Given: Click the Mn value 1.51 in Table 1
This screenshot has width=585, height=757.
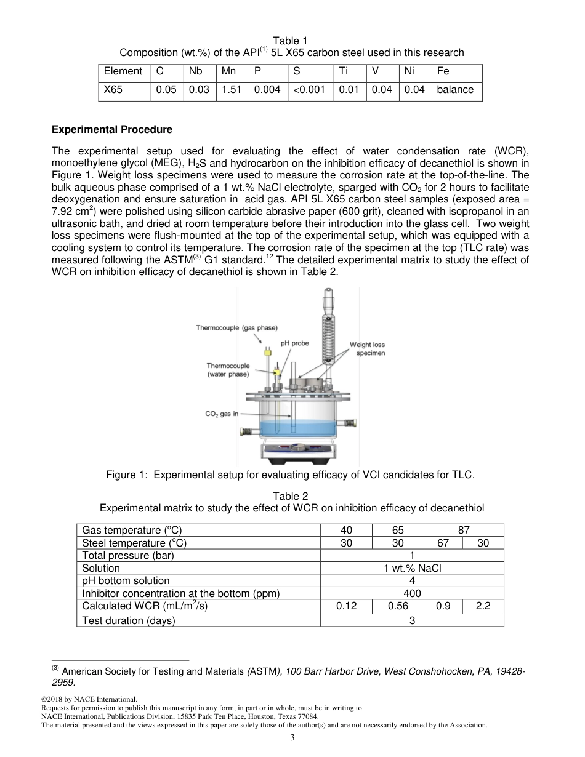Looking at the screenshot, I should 231,90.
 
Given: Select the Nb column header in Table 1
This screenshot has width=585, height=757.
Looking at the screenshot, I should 196,71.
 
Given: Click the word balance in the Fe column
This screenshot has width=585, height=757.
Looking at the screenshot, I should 455,90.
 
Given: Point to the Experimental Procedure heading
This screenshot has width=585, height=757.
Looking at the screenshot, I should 112,130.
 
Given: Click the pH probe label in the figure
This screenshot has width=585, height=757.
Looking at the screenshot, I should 294,343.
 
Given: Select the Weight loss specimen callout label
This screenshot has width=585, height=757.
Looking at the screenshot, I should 368,349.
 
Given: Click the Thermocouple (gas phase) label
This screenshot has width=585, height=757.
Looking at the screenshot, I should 236,328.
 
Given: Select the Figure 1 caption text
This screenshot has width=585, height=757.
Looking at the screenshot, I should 290,475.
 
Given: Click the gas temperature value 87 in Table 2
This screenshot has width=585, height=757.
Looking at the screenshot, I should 463,530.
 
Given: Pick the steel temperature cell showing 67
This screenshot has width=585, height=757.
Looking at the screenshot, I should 443,543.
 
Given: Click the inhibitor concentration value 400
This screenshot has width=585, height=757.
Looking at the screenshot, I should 412,593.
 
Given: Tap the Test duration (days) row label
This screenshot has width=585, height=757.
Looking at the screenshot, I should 129,620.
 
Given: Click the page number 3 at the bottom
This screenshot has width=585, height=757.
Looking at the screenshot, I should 292,739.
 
